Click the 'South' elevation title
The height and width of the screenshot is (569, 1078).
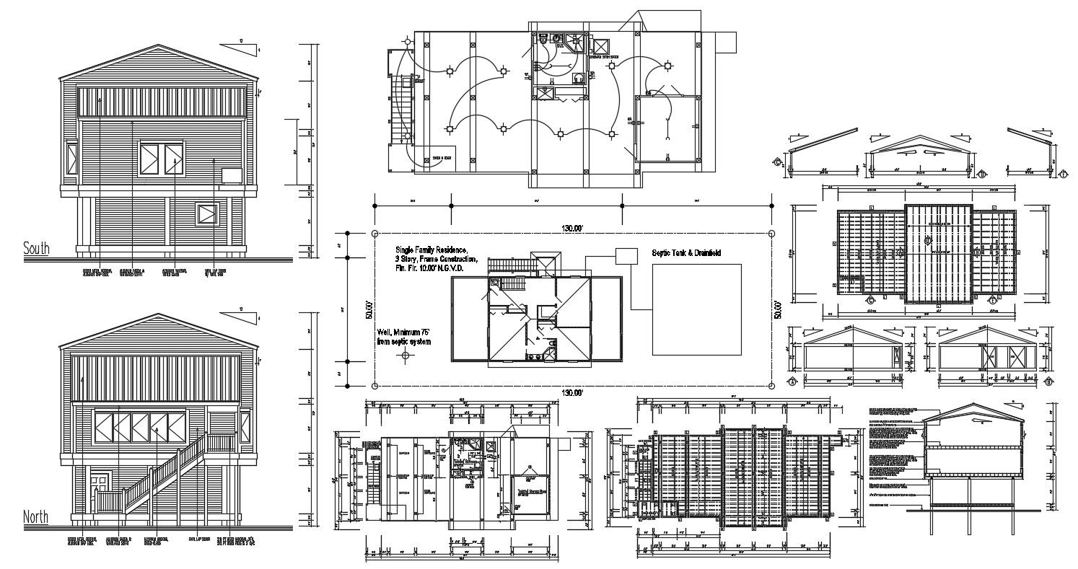(36, 249)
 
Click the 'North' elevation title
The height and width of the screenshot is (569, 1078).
(36, 517)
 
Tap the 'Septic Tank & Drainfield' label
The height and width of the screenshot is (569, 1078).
(686, 253)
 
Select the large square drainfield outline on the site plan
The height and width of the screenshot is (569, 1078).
(697, 309)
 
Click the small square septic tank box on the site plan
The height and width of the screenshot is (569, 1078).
(626, 256)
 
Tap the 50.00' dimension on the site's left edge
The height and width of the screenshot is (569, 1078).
(368, 309)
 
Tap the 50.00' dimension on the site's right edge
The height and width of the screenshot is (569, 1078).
(778, 309)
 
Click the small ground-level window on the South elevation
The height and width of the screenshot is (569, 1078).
(206, 214)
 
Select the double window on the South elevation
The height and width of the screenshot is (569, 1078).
(162, 159)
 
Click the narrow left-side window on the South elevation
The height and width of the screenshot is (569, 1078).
(71, 159)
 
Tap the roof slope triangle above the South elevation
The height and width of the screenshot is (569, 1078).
(238, 48)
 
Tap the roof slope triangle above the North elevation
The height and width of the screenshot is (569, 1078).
(238, 316)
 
